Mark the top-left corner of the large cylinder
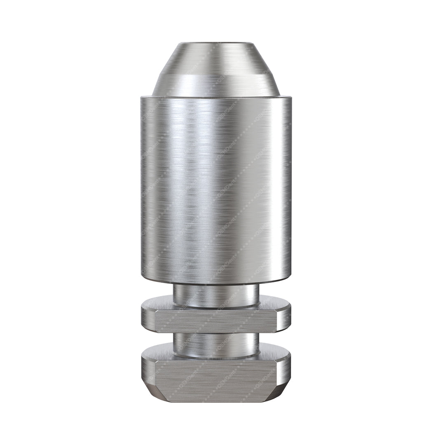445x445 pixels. (142, 98)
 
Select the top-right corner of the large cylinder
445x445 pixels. (290, 98)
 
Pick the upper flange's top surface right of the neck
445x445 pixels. (274, 303)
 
